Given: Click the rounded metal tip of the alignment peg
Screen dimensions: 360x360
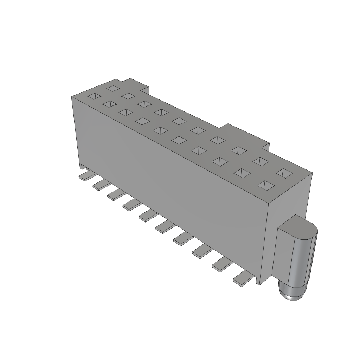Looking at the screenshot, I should point(291,294).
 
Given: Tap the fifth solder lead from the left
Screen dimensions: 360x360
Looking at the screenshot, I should point(147,216).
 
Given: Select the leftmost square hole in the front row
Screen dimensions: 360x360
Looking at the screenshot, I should point(94,96).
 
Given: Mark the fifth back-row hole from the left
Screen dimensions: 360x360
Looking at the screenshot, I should point(179,121).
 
